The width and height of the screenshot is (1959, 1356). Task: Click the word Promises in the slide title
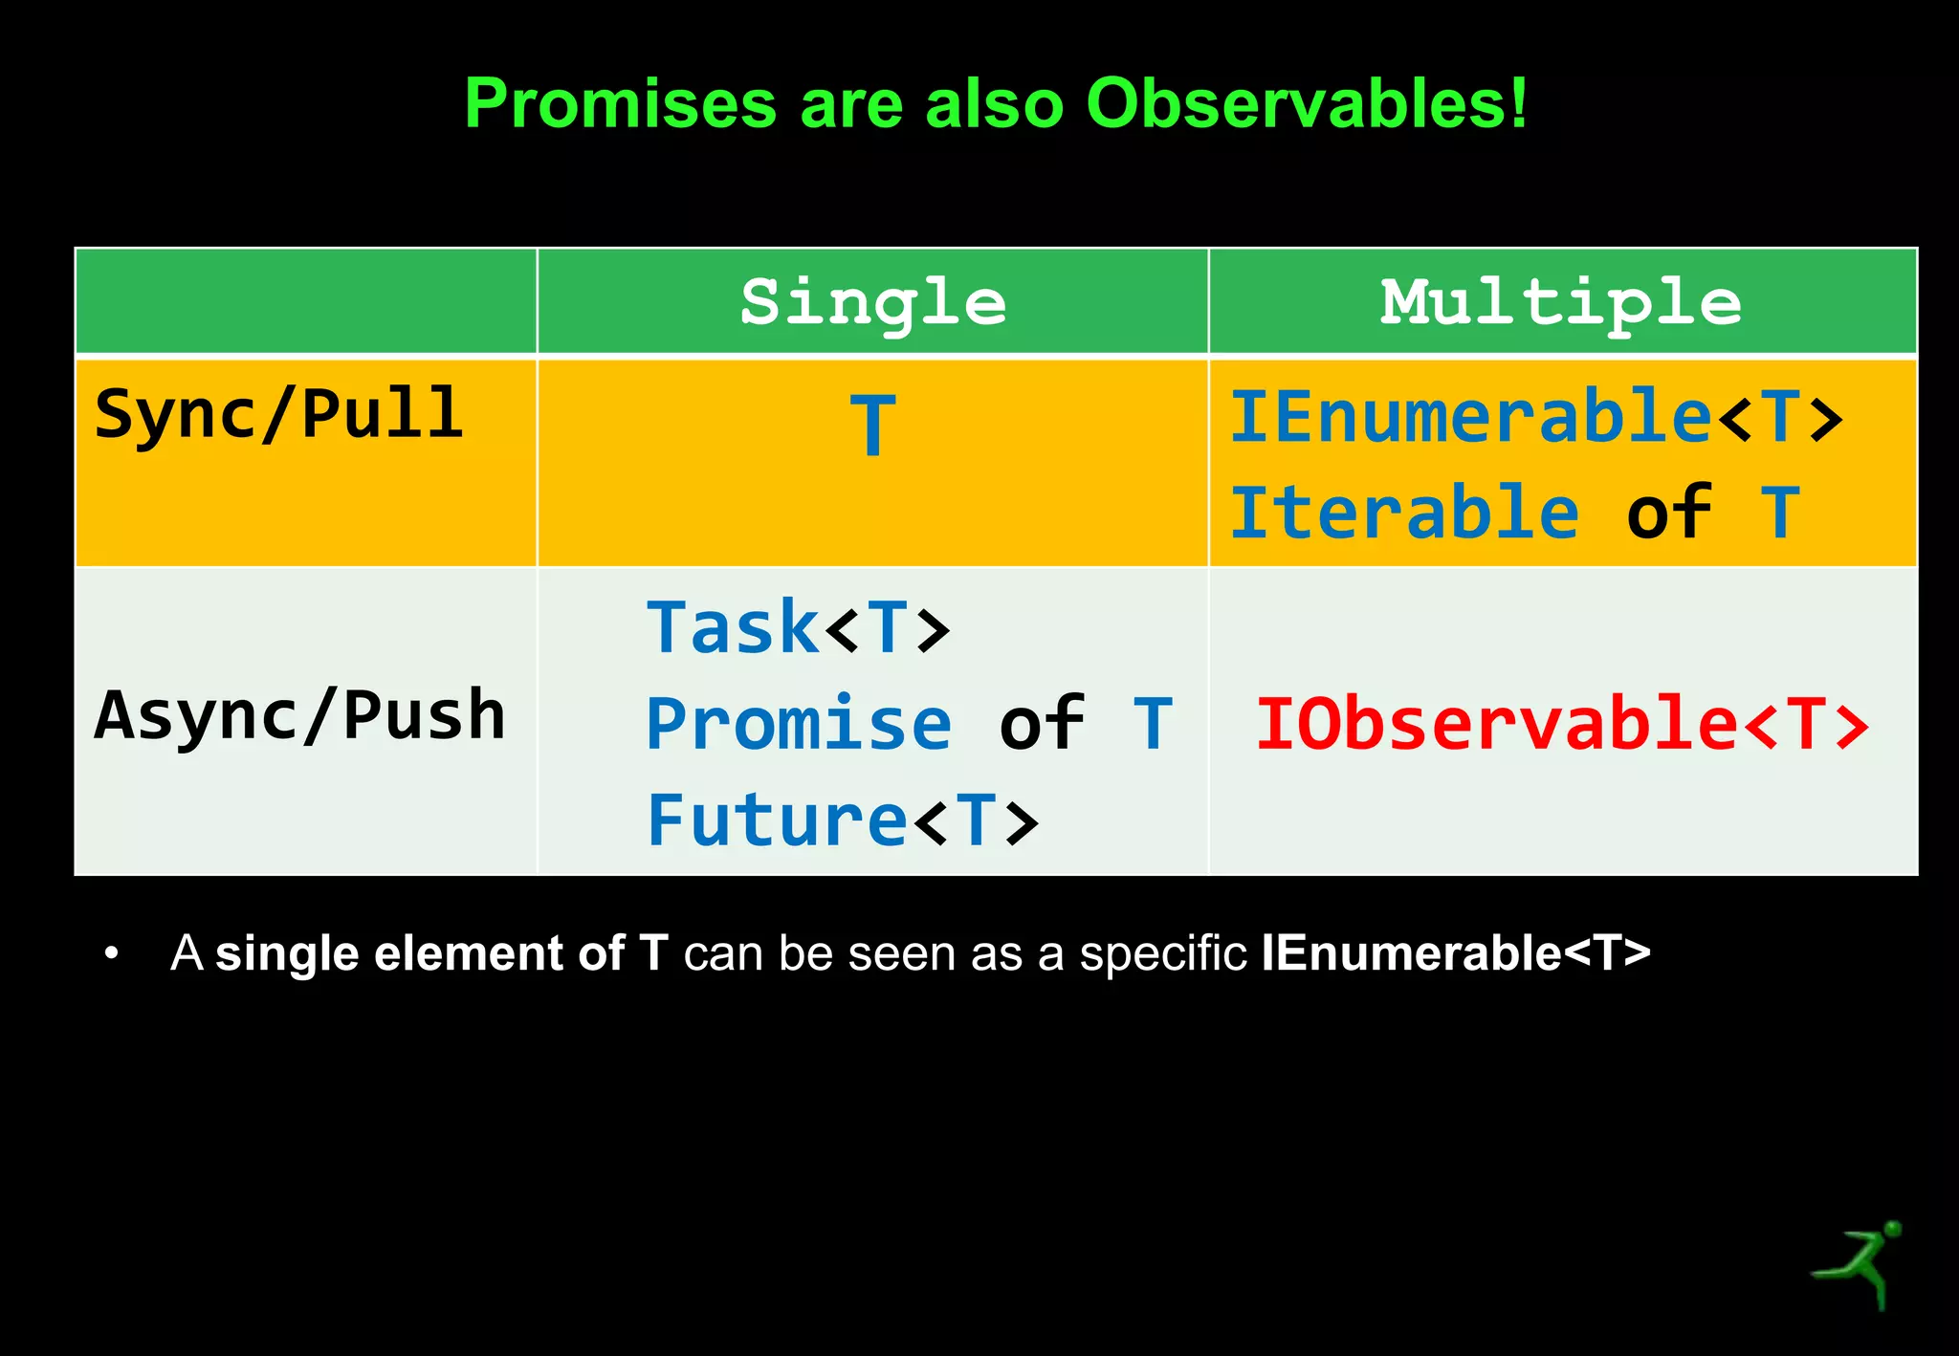(x=620, y=103)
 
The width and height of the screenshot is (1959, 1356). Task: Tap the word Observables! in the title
(x=1307, y=102)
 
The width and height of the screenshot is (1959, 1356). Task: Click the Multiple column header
(x=1560, y=302)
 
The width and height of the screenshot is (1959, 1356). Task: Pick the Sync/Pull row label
(x=279, y=414)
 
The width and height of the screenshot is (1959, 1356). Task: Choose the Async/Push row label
(x=299, y=715)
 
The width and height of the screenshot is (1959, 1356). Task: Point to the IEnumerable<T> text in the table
(x=1536, y=417)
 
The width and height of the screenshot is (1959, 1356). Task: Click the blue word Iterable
(x=1404, y=513)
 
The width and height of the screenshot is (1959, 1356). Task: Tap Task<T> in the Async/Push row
(x=799, y=627)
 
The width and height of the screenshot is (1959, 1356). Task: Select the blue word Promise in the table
(x=799, y=723)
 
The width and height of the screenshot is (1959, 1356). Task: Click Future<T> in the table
(x=843, y=820)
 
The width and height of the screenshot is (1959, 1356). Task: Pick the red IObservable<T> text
(x=1562, y=723)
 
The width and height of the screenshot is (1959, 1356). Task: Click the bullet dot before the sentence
(x=112, y=953)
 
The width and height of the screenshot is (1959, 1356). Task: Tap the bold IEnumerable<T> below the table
(x=1456, y=953)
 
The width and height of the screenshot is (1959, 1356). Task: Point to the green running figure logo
(x=1857, y=1264)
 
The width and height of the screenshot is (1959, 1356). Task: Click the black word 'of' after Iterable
(x=1669, y=513)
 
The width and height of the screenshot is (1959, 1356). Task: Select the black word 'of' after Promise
(x=1042, y=723)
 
